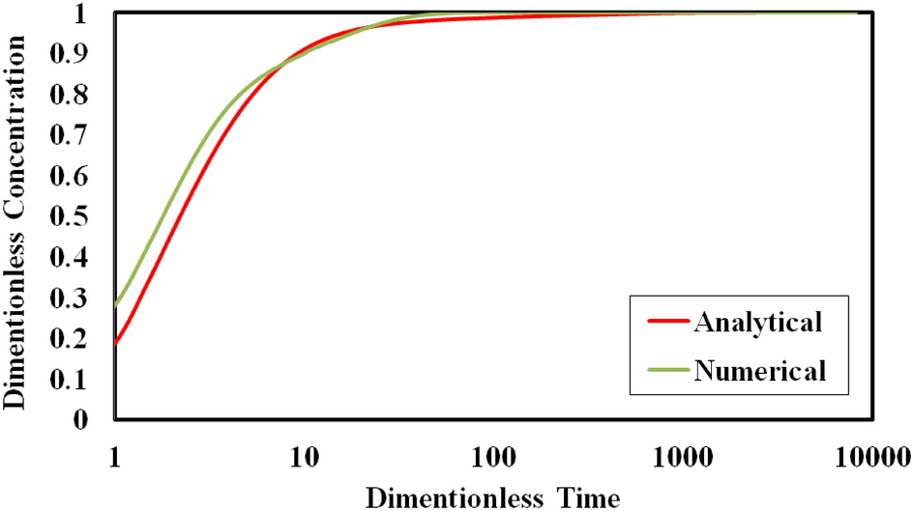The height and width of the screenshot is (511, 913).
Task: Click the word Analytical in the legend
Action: click(757, 322)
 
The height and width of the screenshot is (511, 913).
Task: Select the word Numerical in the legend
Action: click(759, 370)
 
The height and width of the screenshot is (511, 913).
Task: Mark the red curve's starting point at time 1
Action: click(116, 342)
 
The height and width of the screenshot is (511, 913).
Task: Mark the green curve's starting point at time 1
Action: click(116, 305)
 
